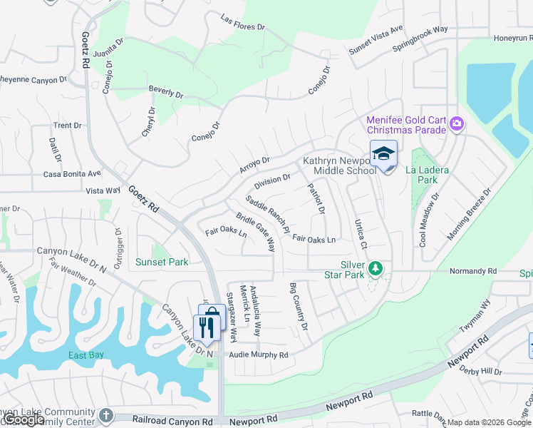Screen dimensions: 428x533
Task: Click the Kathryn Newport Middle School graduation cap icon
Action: click(383, 154)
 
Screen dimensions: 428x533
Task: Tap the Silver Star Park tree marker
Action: click(376, 268)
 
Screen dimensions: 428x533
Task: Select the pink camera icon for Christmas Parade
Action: click(456, 125)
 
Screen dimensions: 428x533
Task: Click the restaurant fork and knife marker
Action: click(207, 327)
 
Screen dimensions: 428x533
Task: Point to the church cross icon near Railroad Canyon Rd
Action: click(106, 415)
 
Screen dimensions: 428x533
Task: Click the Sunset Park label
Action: click(162, 263)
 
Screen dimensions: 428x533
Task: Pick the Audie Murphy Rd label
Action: click(258, 355)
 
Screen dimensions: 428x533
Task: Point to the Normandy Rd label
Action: click(473, 272)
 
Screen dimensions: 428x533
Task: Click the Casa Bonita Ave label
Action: click(72, 173)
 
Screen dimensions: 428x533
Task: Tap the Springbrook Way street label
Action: click(420, 40)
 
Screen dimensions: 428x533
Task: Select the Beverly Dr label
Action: click(166, 93)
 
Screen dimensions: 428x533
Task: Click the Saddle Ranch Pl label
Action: click(267, 215)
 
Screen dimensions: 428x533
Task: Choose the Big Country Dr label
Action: click(299, 307)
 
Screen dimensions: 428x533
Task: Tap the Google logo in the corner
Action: click(24, 419)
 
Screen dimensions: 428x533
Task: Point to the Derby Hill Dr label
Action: click(503, 372)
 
